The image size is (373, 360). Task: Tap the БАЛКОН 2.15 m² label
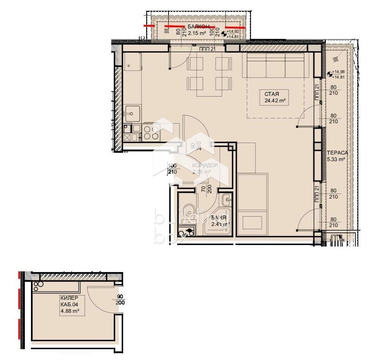point(197,30)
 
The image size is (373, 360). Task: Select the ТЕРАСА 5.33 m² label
point(337,156)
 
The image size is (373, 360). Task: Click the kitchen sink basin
point(132,114)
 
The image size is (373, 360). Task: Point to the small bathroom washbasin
point(227,198)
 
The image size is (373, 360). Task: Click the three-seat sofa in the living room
point(275,66)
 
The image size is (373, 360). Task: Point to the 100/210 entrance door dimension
point(172,169)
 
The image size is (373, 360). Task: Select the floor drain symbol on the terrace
point(336,59)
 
